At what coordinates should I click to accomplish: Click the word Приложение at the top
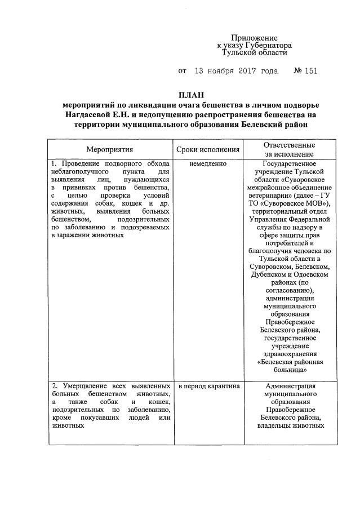click(255, 36)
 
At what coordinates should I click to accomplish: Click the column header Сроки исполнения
click(208, 150)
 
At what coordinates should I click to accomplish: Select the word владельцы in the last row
click(266, 425)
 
